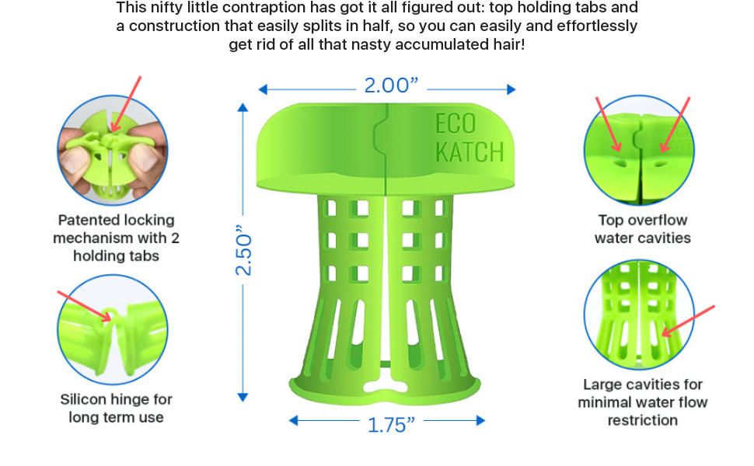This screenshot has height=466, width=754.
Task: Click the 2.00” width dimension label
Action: click(x=386, y=85)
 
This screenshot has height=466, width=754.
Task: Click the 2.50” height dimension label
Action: click(x=243, y=251)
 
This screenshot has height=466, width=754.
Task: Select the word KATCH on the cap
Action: click(x=469, y=151)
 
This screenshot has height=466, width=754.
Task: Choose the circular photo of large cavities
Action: click(x=638, y=315)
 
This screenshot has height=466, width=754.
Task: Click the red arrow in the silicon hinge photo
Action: click(x=83, y=305)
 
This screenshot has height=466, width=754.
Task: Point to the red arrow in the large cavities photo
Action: click(x=688, y=321)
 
